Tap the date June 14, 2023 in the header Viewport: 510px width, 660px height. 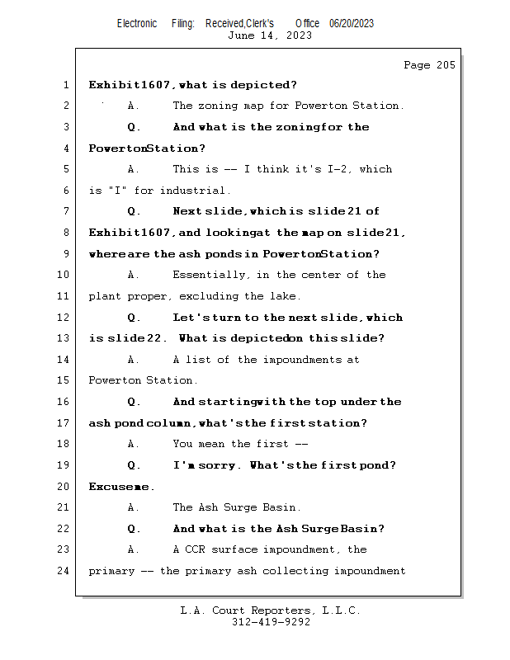click(270, 35)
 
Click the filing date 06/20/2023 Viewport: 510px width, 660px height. click(352, 24)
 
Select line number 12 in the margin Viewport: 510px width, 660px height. click(64, 318)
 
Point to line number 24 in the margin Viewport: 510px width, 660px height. click(64, 571)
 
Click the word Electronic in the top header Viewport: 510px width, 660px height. click(137, 24)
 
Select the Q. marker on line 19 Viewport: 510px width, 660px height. click(135, 465)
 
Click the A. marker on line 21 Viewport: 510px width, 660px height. click(134, 507)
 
